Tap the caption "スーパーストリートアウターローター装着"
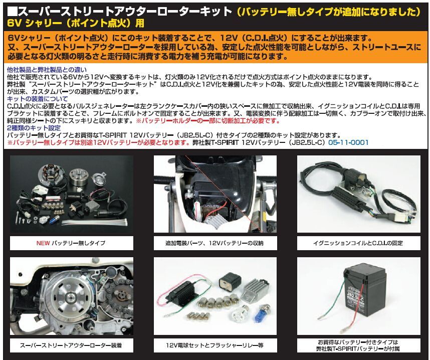tap(71, 345)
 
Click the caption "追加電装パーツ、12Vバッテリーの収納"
tap(214, 243)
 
